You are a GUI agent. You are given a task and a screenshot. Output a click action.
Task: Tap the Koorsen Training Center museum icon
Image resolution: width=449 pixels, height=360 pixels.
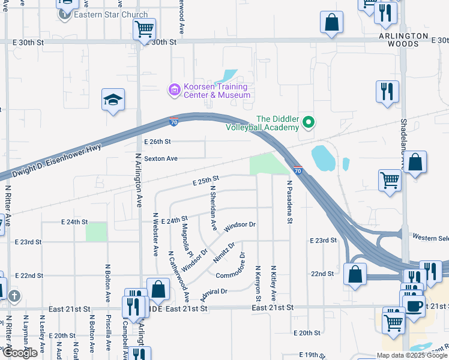click(174, 91)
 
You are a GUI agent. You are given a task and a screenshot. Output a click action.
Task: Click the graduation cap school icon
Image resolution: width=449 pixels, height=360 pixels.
click(112, 99)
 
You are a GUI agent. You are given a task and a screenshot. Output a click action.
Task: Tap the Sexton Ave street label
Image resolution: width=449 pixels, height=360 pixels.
click(161, 158)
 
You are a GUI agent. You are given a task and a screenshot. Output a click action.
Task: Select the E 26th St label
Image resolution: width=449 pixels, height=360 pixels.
click(158, 142)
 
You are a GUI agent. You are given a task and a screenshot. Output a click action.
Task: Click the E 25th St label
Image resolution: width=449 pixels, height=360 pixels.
click(206, 179)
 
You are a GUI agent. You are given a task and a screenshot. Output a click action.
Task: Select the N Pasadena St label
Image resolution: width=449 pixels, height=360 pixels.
click(289, 202)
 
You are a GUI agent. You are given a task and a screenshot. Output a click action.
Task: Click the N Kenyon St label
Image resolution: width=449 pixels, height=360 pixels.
click(258, 283)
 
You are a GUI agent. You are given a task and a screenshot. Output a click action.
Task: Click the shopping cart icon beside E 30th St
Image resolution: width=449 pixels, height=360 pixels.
click(144, 28)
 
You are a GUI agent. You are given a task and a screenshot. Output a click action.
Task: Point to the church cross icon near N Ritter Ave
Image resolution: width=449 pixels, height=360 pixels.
click(14, 295)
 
